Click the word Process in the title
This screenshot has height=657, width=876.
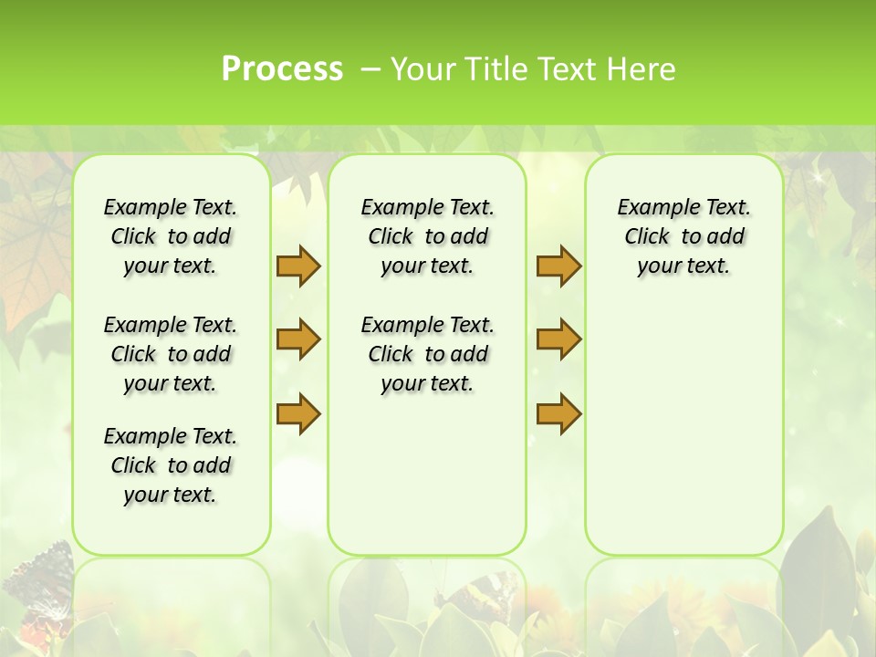(282, 68)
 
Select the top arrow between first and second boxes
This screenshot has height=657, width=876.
(298, 266)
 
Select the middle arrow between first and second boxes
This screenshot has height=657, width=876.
(298, 339)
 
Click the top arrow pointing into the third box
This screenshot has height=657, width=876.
(558, 266)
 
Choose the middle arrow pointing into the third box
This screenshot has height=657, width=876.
(558, 339)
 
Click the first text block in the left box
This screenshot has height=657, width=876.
(171, 236)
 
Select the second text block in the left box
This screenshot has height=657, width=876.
(171, 354)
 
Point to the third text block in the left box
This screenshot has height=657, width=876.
(171, 465)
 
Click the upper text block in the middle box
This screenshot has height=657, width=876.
(427, 236)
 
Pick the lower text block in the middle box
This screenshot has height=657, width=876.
(427, 354)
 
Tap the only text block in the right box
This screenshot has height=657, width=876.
(683, 236)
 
